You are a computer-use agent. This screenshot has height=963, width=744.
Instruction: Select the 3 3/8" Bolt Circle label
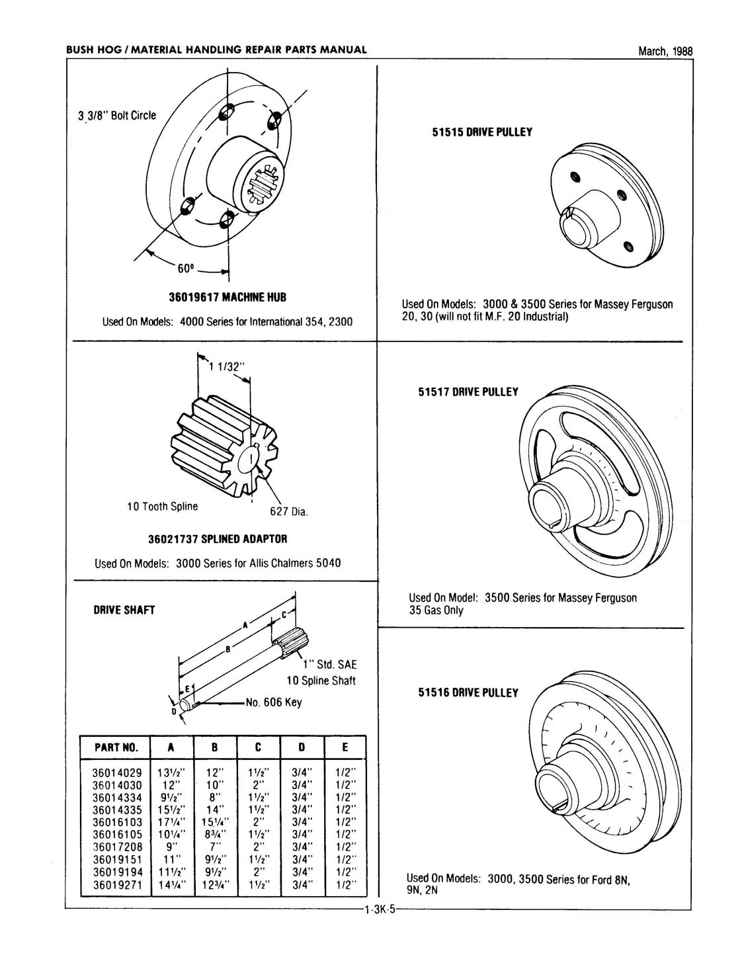pyautogui.click(x=117, y=115)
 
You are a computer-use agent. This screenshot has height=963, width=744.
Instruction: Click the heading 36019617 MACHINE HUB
pyautogui.click(x=227, y=297)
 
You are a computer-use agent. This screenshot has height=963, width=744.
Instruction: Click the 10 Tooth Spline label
pyautogui.click(x=162, y=506)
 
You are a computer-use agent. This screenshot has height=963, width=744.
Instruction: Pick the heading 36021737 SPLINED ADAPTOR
pyautogui.click(x=218, y=538)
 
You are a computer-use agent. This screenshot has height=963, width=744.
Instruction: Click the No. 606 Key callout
pyautogui.click(x=273, y=702)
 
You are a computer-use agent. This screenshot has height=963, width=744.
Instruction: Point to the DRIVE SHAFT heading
pyautogui.click(x=124, y=610)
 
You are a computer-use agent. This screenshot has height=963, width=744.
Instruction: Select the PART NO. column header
pyautogui.click(x=116, y=747)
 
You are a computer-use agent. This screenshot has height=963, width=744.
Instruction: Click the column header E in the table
pyautogui.click(x=345, y=747)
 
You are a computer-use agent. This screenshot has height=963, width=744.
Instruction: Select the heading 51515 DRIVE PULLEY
pyautogui.click(x=482, y=132)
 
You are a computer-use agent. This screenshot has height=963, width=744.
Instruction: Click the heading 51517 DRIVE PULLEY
pyautogui.click(x=468, y=392)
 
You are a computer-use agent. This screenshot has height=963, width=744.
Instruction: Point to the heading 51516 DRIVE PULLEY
pyautogui.click(x=468, y=692)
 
